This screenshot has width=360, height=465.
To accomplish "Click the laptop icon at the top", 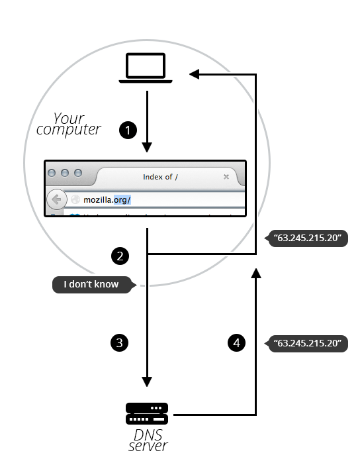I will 146,70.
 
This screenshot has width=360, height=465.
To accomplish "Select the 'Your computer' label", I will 68,124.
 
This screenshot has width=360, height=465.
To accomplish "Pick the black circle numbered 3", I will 119,342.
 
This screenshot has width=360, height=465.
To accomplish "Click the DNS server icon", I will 147,414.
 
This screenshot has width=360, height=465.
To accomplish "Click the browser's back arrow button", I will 56,199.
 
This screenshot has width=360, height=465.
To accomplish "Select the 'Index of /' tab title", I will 161,177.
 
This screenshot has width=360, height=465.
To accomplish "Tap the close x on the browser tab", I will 226,177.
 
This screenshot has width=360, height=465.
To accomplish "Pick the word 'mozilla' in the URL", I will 97,199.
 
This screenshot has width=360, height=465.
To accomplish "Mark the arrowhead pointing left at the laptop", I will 194,74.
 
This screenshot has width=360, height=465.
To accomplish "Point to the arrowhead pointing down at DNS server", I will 147,382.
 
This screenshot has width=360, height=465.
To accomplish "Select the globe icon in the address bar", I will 75,199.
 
